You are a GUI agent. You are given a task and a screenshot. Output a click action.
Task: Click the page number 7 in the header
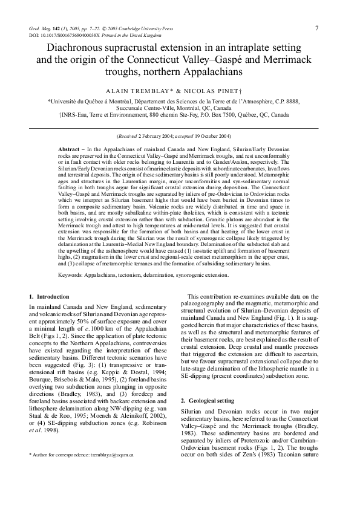click(x=317, y=28)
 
